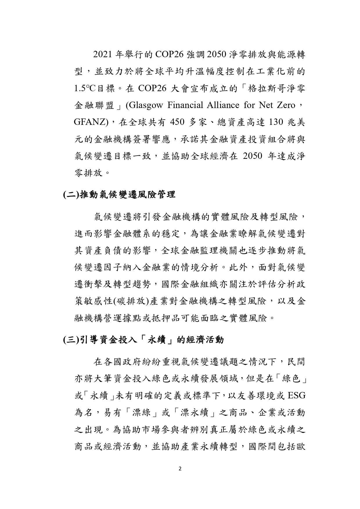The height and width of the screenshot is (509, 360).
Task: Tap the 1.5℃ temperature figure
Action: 84,89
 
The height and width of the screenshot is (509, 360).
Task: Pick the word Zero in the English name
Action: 285,105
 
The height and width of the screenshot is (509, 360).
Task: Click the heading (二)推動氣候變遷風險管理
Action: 119,194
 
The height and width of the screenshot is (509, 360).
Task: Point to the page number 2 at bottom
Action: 180,469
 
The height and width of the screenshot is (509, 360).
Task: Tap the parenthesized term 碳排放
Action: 131,302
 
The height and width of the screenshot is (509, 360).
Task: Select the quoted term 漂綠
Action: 142,413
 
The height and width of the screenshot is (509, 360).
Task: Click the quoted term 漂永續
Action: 195,413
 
